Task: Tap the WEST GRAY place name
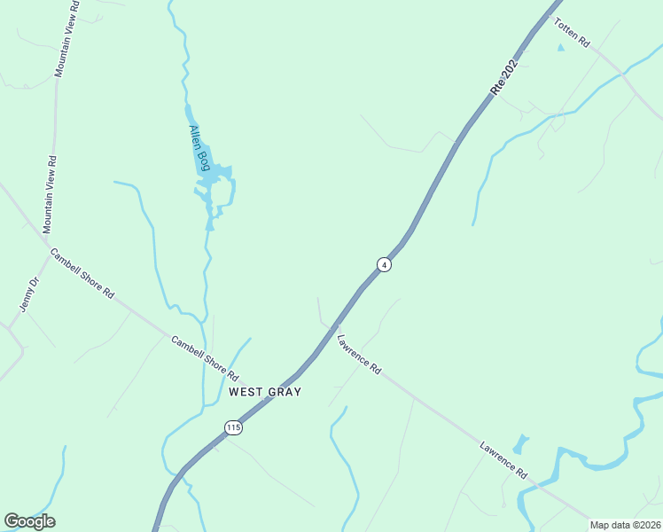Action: pyautogui.click(x=265, y=391)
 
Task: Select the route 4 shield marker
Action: pyautogui.click(x=384, y=264)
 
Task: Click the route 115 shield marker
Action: pyautogui.click(x=233, y=428)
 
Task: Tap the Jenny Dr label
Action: pyautogui.click(x=30, y=294)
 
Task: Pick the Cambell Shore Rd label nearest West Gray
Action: pyautogui.click(x=206, y=359)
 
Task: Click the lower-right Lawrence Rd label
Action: pyautogui.click(x=503, y=460)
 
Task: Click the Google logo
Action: pyautogui.click(x=29, y=521)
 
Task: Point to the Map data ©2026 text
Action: pyautogui.click(x=625, y=525)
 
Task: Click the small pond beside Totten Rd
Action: pyautogui.click(x=560, y=47)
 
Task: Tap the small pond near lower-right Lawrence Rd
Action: pyautogui.click(x=520, y=442)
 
